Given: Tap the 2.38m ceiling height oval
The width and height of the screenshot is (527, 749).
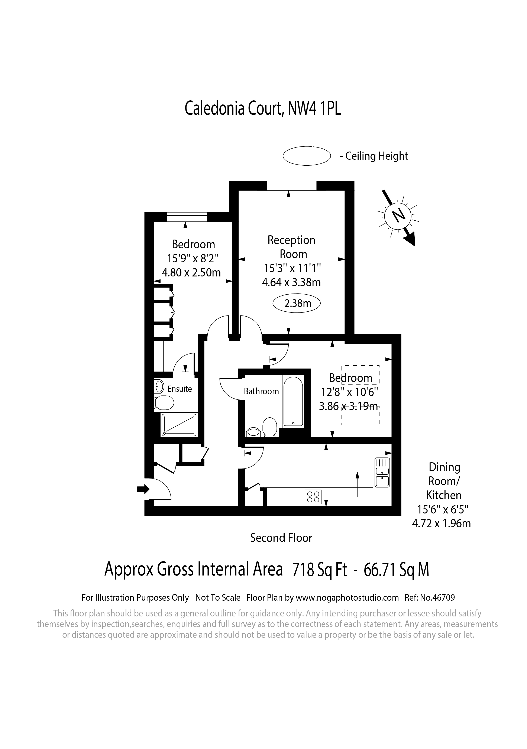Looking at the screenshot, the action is (297, 303).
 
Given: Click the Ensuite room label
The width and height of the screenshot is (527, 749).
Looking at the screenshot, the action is (180, 389).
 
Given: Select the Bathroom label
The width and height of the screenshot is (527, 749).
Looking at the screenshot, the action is (261, 391).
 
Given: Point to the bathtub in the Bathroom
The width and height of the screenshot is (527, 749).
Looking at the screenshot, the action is (293, 402).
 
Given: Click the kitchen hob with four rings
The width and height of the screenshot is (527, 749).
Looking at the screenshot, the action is (313, 497).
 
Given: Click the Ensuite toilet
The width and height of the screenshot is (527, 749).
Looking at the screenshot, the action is (164, 403).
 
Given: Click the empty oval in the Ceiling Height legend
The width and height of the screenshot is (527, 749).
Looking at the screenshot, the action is (307, 156).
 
